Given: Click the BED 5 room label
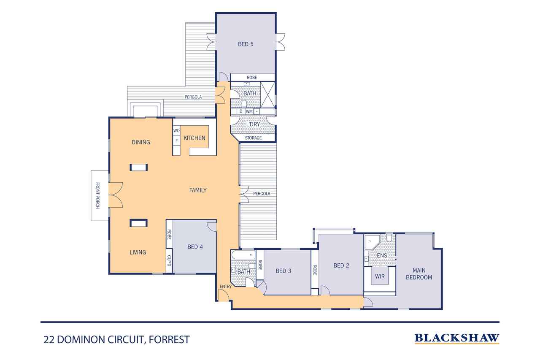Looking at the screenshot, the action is (246, 44).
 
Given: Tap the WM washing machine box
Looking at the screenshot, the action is (249, 111).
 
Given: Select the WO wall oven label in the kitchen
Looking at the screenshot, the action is (176, 131).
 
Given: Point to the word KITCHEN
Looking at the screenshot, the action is (194, 138).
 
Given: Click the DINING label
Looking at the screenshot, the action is (141, 142).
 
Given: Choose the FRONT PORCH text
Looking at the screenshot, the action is (97, 195).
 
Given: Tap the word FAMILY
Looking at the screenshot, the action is (198, 190).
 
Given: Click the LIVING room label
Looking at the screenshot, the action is (138, 252).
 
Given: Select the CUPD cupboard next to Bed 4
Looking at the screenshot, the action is (169, 261).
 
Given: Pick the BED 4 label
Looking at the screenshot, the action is (195, 246).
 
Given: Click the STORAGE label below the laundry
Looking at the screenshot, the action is (253, 138).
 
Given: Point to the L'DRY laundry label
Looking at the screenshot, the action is (253, 124).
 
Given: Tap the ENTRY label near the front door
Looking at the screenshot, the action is (226, 287).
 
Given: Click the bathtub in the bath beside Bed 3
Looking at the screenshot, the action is (243, 254).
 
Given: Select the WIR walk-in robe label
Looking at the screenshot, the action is (380, 276).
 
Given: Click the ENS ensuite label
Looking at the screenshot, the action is (382, 255).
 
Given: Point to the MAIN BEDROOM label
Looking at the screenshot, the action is (419, 274).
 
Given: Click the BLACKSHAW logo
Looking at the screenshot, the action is (457, 338).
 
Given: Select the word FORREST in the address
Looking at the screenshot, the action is (169, 339).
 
